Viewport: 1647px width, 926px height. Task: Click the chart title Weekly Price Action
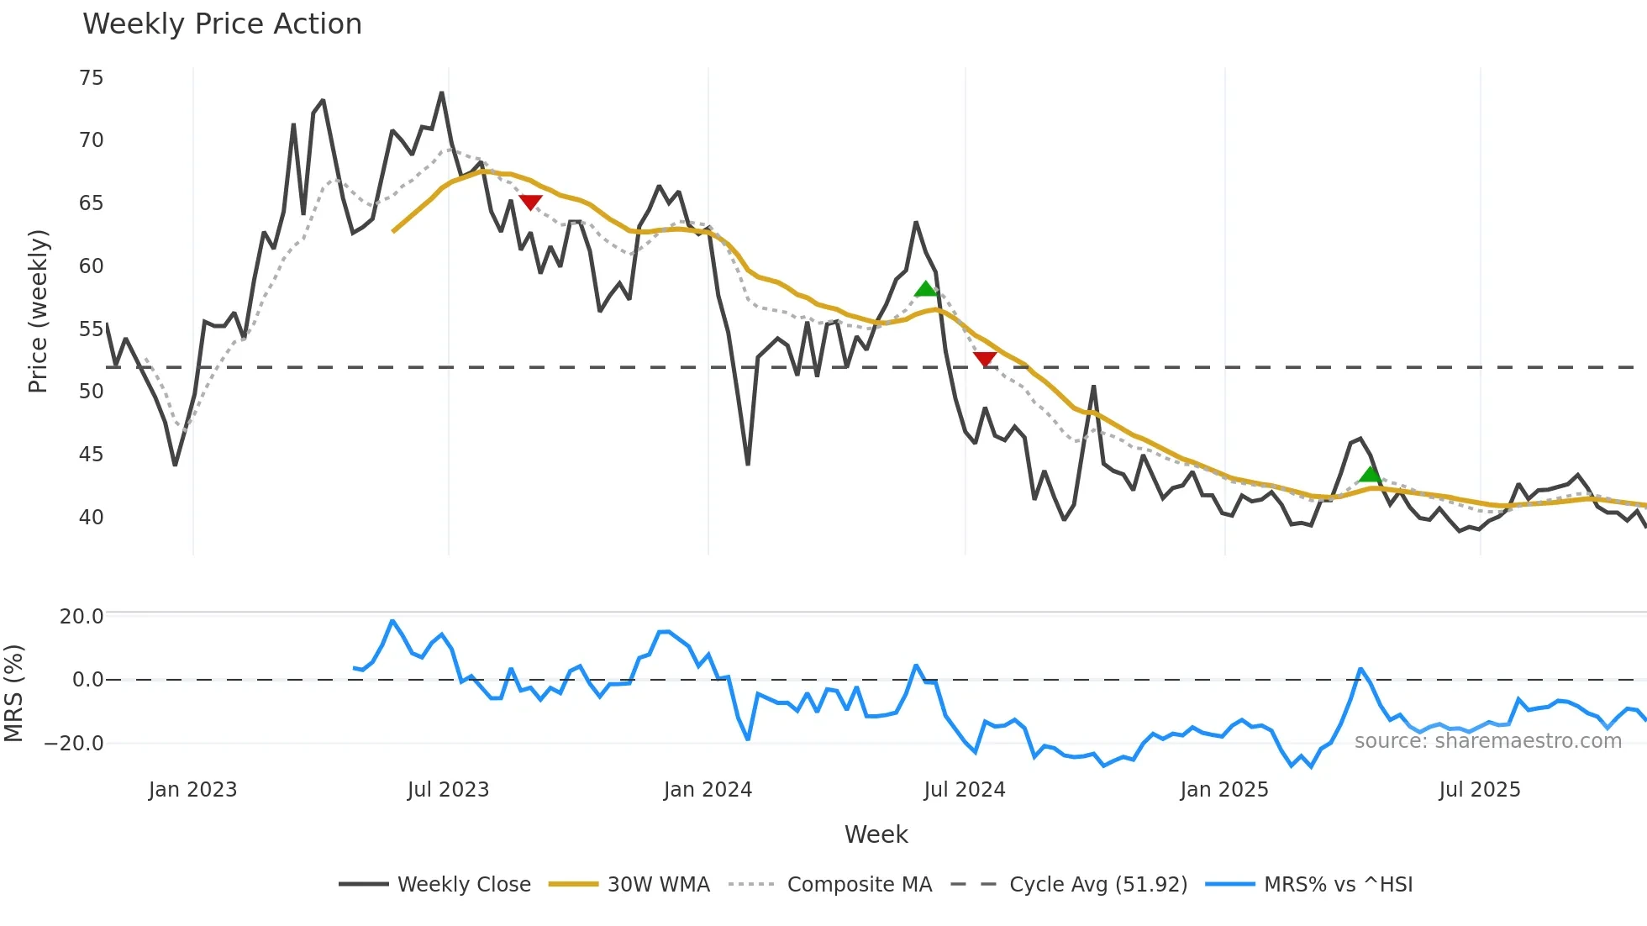tap(222, 24)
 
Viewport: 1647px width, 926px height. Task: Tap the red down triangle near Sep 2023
tap(530, 202)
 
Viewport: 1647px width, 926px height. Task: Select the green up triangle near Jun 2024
tap(925, 290)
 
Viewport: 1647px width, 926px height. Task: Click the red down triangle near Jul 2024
tap(985, 359)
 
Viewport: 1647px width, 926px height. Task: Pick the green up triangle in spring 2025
tap(1371, 475)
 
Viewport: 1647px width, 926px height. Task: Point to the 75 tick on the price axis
tap(91, 78)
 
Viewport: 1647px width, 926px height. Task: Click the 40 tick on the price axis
tap(91, 518)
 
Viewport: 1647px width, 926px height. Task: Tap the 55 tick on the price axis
tap(91, 329)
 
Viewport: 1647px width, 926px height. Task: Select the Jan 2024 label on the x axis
tap(708, 790)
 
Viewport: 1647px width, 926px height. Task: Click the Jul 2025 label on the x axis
tap(1479, 790)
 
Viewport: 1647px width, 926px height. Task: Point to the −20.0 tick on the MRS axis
tap(74, 744)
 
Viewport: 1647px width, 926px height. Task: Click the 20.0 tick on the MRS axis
tap(82, 617)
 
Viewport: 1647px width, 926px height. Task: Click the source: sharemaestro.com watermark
tap(1487, 741)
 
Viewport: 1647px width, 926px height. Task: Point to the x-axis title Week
tap(876, 834)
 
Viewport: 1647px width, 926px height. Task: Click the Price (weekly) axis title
tap(38, 311)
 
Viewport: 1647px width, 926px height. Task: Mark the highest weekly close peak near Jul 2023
tap(442, 93)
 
